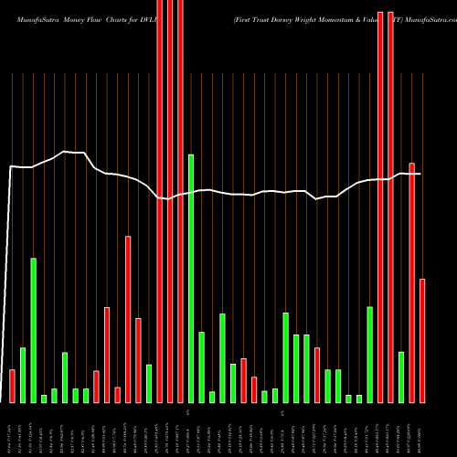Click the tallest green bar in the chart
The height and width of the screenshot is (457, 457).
coord(191,278)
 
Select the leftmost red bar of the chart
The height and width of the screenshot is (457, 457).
coord(12,386)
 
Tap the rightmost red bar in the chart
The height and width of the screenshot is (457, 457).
coord(422,340)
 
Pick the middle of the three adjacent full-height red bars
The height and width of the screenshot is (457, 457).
coord(170,201)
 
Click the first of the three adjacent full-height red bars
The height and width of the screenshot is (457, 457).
coord(160,201)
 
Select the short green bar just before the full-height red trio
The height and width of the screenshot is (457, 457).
coord(149,383)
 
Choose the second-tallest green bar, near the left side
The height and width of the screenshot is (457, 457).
coord(33,329)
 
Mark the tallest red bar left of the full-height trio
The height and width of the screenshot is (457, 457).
coord(128,319)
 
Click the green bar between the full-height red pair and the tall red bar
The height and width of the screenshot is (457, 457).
coord(401,377)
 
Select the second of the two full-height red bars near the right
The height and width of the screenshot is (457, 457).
coord(391,201)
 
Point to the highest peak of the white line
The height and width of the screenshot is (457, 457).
coord(64,152)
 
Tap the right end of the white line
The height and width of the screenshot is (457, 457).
coord(420,174)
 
